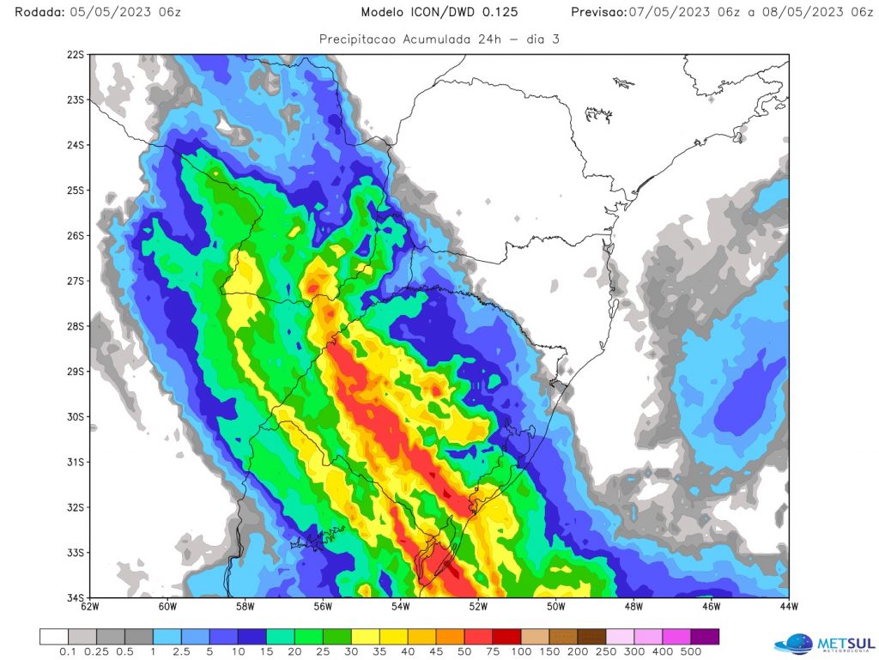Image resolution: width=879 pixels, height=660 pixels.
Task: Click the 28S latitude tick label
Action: pos(76,326)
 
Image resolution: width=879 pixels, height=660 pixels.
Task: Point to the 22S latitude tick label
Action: pos(76,55)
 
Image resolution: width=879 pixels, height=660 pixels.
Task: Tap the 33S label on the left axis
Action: pos(76,553)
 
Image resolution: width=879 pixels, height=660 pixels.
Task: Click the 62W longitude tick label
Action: pos(90,608)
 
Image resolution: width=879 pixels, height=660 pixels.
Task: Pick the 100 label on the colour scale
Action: pos(520,652)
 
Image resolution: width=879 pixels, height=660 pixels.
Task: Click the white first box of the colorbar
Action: pos(54,636)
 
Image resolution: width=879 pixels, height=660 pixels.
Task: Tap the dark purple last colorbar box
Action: pos(706,636)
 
